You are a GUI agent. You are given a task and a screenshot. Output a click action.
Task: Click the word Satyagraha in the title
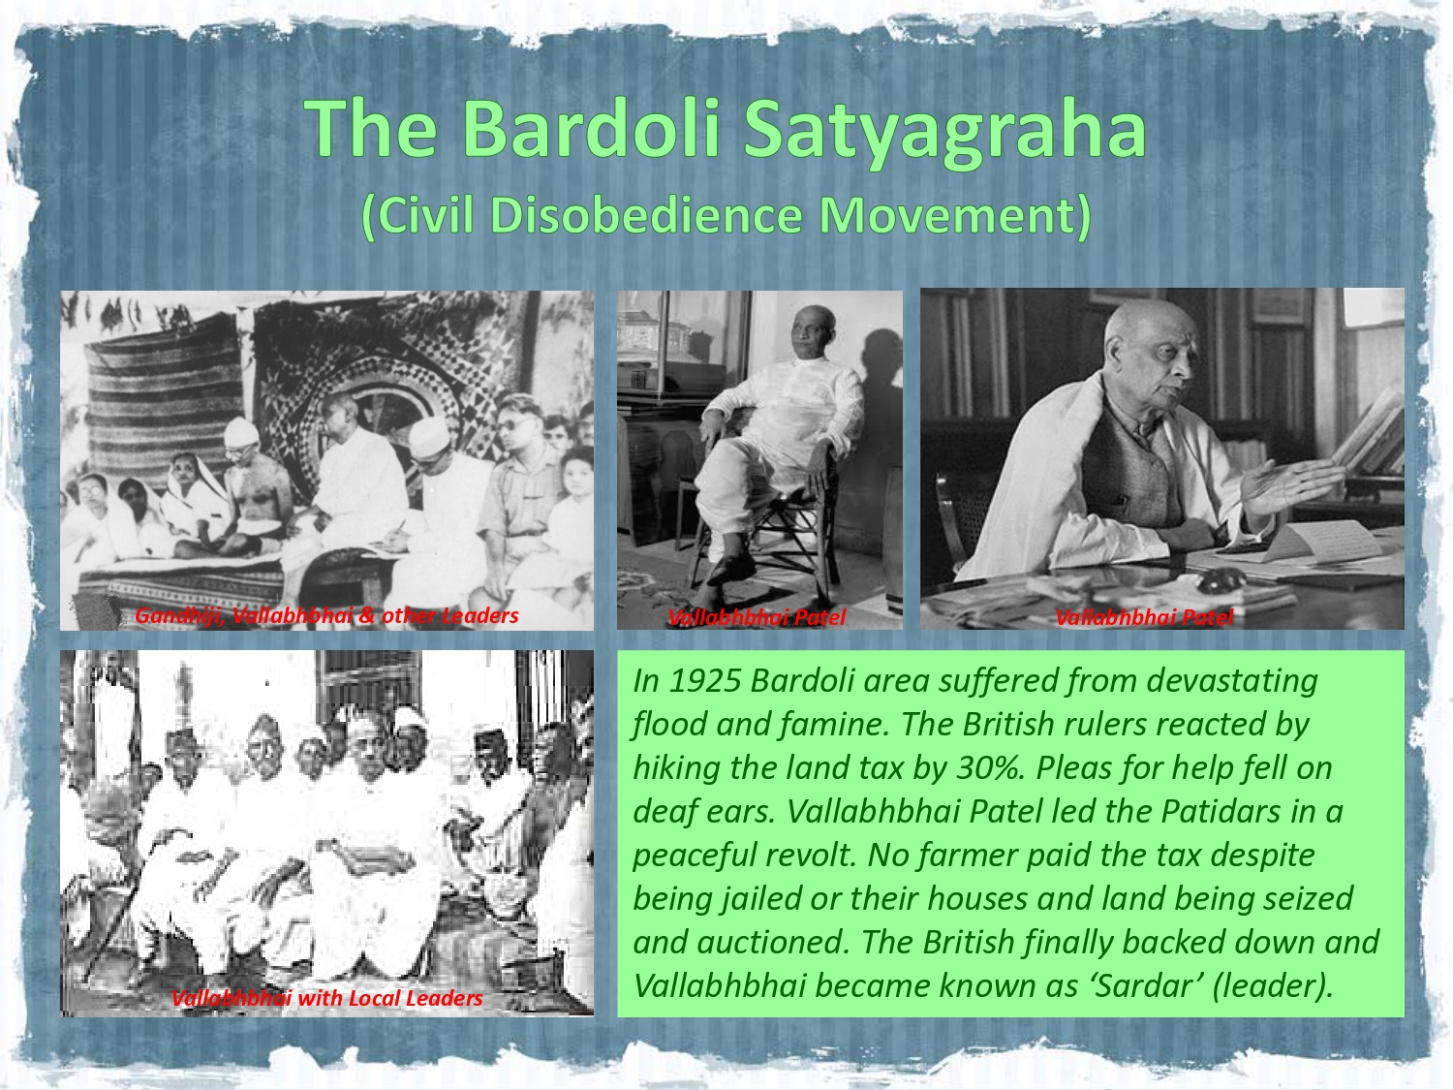944,132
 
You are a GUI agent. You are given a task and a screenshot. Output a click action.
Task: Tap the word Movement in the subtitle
946,216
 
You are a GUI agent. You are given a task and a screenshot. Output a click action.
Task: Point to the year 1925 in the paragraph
704,681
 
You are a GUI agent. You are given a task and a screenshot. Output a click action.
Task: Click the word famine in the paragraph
834,725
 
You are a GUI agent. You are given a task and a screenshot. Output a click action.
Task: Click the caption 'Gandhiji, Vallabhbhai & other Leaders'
326,616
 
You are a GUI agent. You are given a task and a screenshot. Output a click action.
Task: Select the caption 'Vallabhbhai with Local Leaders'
327,998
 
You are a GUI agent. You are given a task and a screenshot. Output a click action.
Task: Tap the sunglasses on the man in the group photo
514,423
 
